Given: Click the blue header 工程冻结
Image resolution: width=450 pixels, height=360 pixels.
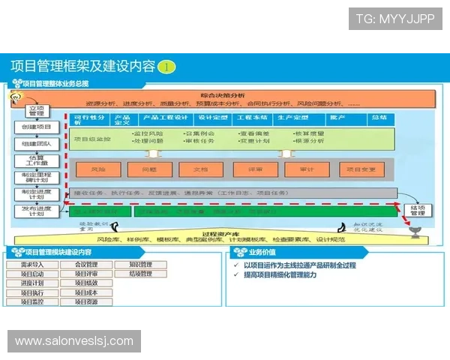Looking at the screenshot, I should point(252,118).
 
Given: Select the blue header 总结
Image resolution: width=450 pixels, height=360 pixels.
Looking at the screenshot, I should point(378,118).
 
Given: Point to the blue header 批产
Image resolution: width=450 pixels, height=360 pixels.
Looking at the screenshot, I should point(337,118).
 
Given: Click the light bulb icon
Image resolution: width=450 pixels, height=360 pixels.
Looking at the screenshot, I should point(13,98).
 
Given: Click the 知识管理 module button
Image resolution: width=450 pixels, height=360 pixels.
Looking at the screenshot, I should point(141,265).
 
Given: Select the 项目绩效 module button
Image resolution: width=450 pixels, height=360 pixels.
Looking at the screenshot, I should point(86,283).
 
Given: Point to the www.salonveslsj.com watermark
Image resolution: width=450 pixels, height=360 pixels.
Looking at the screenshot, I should point(74,341).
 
